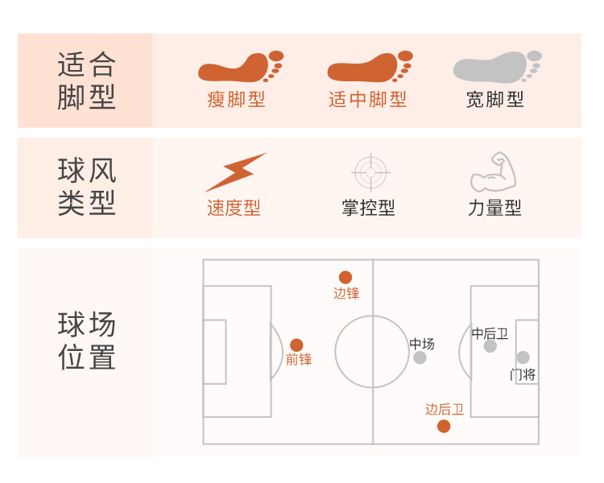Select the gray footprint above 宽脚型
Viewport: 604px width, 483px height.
(491, 67)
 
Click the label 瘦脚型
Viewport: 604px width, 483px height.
(236, 100)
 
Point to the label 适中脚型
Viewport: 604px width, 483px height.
(367, 100)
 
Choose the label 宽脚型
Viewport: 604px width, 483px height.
(495, 100)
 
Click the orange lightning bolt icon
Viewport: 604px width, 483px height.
(234, 171)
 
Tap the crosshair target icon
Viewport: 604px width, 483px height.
(370, 171)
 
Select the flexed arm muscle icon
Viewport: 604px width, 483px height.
(493, 171)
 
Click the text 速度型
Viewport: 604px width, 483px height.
(234, 208)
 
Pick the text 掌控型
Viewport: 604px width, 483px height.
(368, 208)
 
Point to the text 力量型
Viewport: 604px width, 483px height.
(494, 208)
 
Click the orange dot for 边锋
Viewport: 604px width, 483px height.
(345, 277)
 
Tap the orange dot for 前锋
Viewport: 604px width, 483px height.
(296, 345)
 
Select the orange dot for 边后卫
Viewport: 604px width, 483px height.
(444, 426)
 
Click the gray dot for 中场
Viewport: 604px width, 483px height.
(420, 357)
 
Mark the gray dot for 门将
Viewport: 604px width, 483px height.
(523, 357)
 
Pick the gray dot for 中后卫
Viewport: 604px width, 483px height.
(490, 346)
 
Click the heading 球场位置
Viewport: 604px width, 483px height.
(87, 341)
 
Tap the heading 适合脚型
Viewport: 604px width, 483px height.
(87, 80)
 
